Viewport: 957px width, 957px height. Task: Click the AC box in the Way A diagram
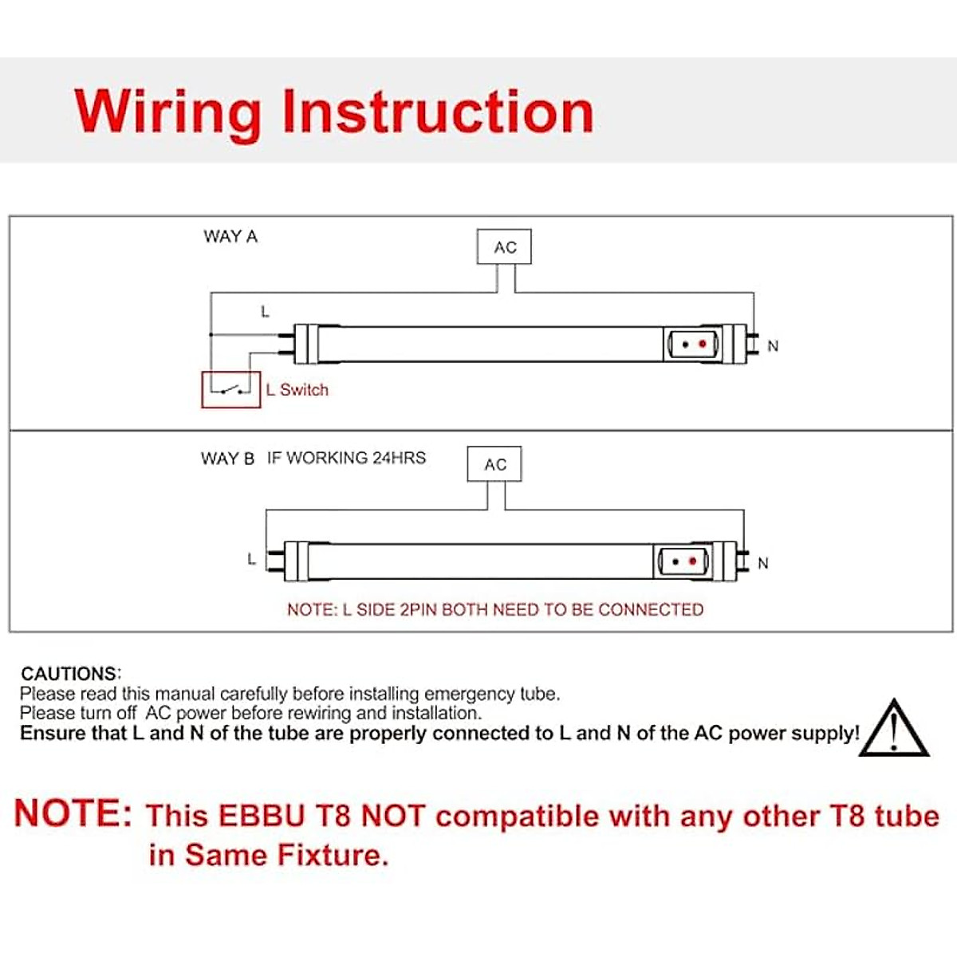[x=504, y=247]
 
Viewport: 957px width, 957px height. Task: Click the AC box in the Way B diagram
[x=494, y=464]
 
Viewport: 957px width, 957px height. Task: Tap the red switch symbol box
[x=231, y=389]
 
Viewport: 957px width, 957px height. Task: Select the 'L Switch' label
[x=297, y=390]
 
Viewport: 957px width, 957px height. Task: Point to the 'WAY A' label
[x=230, y=237]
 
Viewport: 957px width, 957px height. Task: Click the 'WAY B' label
[x=227, y=459]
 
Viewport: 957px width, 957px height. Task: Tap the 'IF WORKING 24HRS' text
[x=346, y=458]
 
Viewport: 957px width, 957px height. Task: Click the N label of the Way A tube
[x=773, y=346]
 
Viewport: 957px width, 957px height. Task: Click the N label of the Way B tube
[x=763, y=563]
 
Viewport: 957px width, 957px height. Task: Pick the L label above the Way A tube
[x=265, y=312]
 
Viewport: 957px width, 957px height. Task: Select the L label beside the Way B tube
[x=251, y=559]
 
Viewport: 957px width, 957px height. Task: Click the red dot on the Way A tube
[x=703, y=345]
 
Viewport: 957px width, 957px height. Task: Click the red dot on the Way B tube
[x=692, y=561]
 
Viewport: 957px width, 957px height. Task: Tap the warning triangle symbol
[x=895, y=730]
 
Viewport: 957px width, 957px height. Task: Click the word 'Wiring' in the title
[x=167, y=112]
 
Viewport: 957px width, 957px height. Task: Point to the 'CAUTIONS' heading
[x=70, y=673]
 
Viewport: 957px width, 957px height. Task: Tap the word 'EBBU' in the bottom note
[x=262, y=816]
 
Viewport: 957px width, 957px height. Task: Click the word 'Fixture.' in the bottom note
[x=333, y=855]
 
